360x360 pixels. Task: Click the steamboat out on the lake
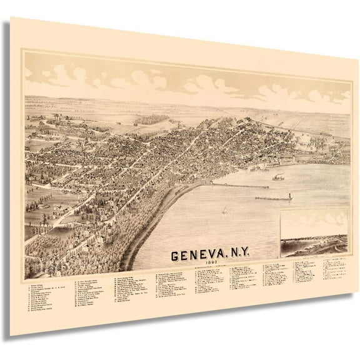[x=277, y=177]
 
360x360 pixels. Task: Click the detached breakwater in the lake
[x=272, y=199]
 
